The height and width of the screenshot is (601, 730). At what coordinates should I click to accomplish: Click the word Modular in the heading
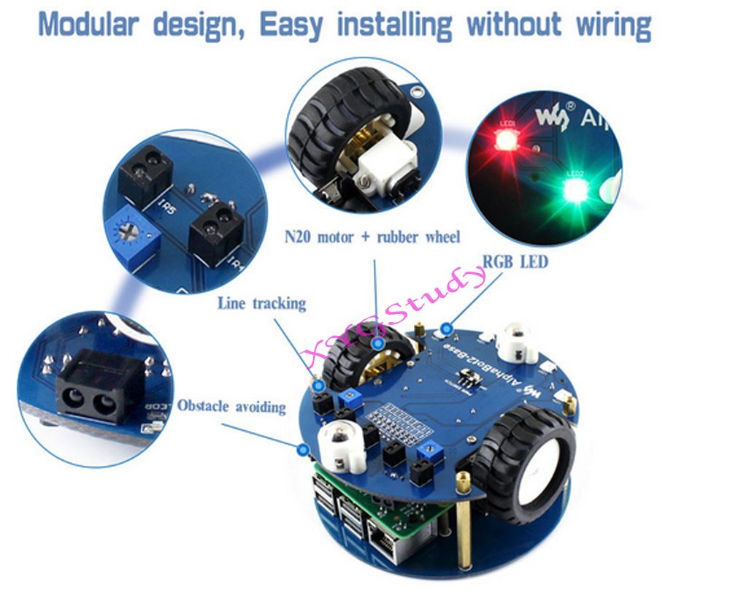coord(88,25)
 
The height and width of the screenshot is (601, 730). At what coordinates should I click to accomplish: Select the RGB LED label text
coord(515,261)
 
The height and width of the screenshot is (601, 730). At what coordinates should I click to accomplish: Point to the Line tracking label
coord(261,303)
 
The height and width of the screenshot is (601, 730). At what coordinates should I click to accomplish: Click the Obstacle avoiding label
coord(231,406)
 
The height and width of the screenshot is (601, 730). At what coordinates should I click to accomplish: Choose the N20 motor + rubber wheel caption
coord(372,237)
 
